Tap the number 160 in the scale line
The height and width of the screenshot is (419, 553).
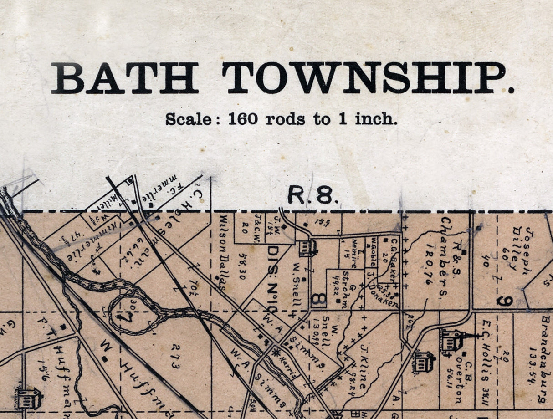point(242,119)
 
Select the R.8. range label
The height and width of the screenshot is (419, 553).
point(313,196)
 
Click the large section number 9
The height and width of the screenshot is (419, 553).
point(506,301)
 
